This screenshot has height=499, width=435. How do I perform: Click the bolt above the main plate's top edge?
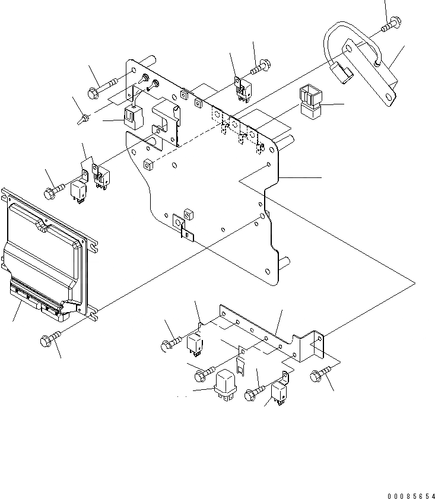click(x=261, y=68)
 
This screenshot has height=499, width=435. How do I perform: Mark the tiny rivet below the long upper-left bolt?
click(x=81, y=119)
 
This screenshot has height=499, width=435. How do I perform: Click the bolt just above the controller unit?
click(x=52, y=192)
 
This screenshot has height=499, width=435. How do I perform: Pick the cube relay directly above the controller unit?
click(x=79, y=190)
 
